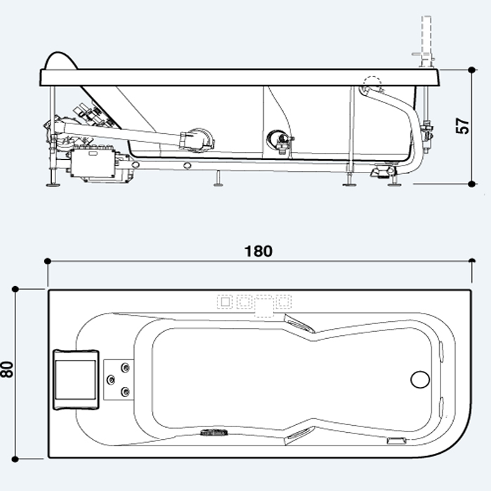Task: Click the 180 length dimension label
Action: [x=259, y=251]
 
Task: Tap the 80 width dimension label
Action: [x=8, y=370]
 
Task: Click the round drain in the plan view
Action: [x=419, y=379]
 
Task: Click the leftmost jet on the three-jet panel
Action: [x=110, y=379]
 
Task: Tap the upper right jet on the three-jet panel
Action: [x=126, y=367]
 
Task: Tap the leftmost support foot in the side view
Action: [x=52, y=185]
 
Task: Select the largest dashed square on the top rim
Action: [x=262, y=307]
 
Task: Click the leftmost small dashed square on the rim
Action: [x=224, y=302]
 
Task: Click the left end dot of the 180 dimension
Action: [x=48, y=261]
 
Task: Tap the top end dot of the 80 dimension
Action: [x=15, y=288]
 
